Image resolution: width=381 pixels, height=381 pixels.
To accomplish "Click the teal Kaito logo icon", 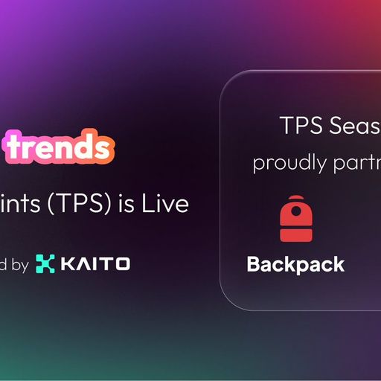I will [x=45, y=263].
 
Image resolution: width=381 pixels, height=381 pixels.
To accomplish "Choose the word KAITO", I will [x=95, y=263].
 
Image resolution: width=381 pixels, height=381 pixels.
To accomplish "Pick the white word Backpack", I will [x=295, y=264].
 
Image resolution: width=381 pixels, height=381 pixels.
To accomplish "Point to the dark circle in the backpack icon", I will [x=295, y=213].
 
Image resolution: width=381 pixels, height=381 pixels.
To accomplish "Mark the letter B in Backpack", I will [x=252, y=264].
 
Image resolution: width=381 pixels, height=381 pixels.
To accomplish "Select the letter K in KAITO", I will [x=68, y=263].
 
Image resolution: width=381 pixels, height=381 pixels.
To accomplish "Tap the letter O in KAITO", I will [x=124, y=263].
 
